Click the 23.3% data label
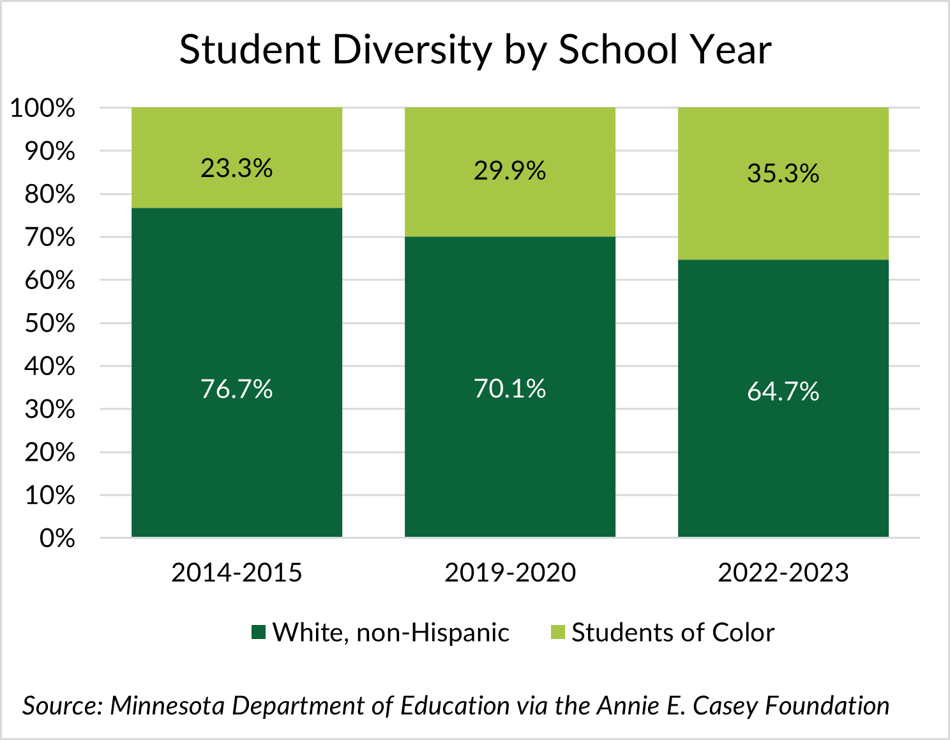(236, 168)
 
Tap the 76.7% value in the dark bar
(236, 389)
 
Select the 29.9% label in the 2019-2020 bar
(509, 171)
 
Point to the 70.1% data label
(509, 389)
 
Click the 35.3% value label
(783, 173)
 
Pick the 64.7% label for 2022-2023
(783, 391)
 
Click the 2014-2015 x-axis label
(236, 572)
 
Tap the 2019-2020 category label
(509, 572)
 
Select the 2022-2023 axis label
(783, 572)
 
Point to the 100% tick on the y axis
(42, 108)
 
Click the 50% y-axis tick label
(50, 323)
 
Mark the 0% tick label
(57, 539)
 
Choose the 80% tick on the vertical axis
(50, 194)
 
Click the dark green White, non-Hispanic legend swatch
(258, 633)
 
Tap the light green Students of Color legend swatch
(557, 633)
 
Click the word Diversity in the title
(412, 50)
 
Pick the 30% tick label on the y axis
(50, 410)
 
